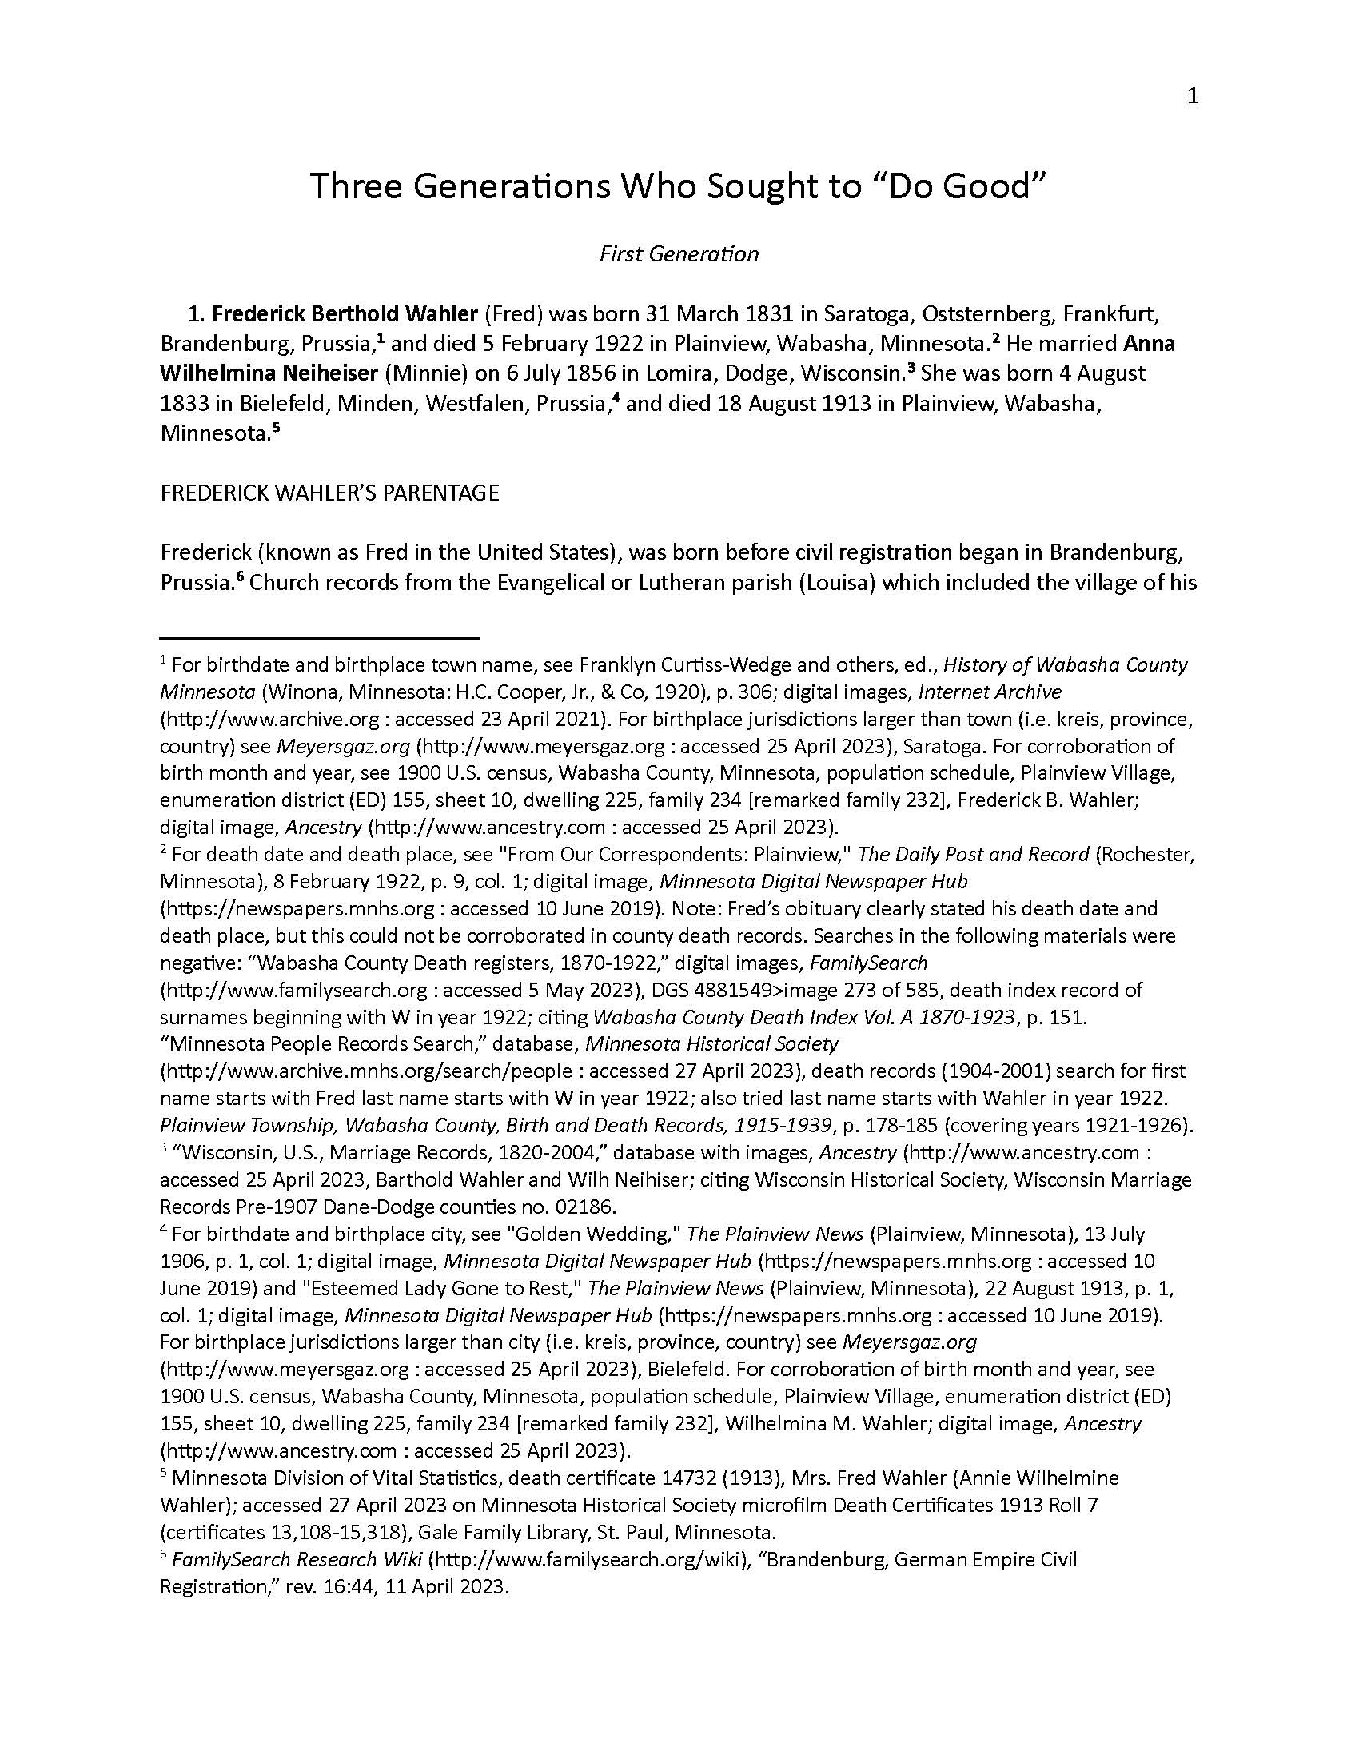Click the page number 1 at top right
coord(1193,97)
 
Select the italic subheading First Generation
coord(678,254)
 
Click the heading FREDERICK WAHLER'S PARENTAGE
coord(329,493)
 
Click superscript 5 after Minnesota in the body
coord(275,428)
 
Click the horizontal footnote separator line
coord(320,638)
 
